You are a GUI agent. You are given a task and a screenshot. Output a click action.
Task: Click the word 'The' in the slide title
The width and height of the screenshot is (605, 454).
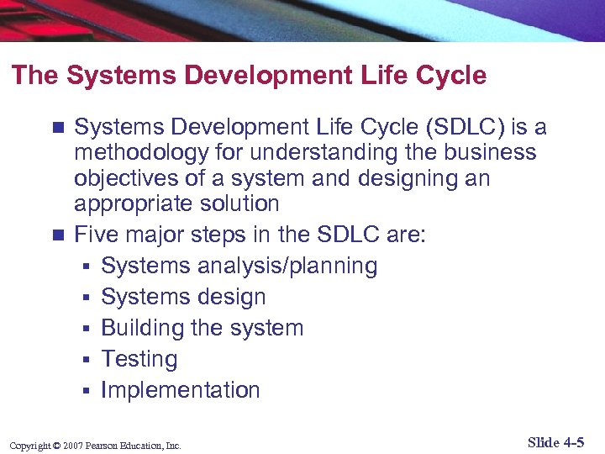(x=35, y=76)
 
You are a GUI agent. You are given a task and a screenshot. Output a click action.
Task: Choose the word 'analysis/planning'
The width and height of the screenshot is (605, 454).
(x=286, y=266)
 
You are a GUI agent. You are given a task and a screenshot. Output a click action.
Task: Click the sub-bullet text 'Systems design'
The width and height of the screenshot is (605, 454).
(x=183, y=297)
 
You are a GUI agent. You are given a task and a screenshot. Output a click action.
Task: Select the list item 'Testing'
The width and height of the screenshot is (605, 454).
(x=139, y=359)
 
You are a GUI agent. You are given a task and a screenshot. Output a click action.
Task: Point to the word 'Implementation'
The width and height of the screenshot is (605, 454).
(x=181, y=390)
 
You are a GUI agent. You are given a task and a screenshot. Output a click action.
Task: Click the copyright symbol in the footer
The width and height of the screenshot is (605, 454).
(x=57, y=446)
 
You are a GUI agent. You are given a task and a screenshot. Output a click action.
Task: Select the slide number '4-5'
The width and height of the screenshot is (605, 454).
(x=575, y=443)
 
